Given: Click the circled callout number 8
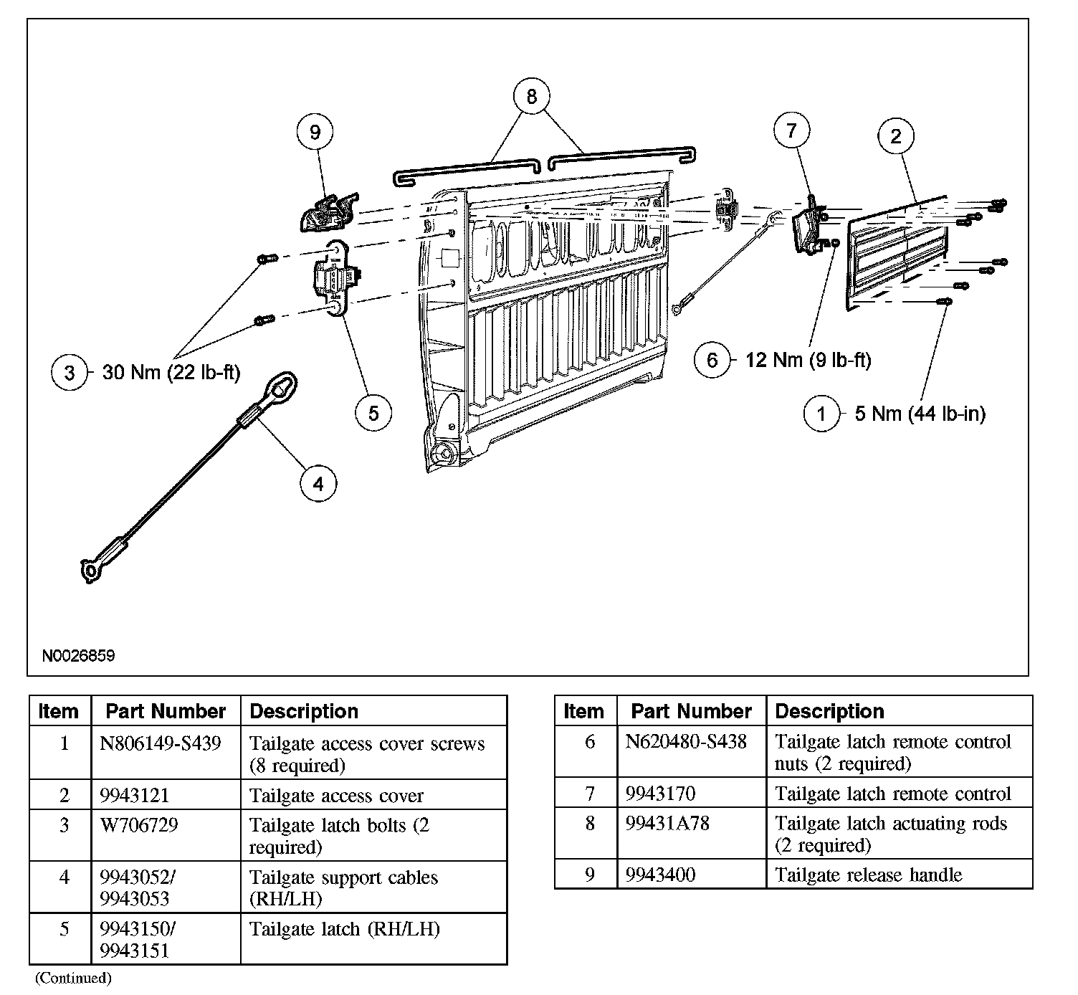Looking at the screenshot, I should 531,97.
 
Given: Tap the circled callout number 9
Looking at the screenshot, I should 315,132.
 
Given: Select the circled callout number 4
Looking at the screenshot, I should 318,484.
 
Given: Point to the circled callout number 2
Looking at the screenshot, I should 896,136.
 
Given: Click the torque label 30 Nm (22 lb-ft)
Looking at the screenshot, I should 171,373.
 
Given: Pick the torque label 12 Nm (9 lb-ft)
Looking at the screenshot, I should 808,359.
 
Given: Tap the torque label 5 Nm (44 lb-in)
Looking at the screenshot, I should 920,414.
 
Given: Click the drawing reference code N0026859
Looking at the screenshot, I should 78,655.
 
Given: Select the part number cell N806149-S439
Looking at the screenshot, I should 161,743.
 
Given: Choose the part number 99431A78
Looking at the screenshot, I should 667,824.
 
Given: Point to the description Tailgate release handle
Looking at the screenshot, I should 868,875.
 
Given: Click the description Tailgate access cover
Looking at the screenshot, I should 336,796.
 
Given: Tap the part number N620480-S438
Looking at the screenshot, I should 686,741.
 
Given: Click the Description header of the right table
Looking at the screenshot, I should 829,711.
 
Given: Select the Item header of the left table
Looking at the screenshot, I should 58,711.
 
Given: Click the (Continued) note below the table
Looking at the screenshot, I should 74,978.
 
